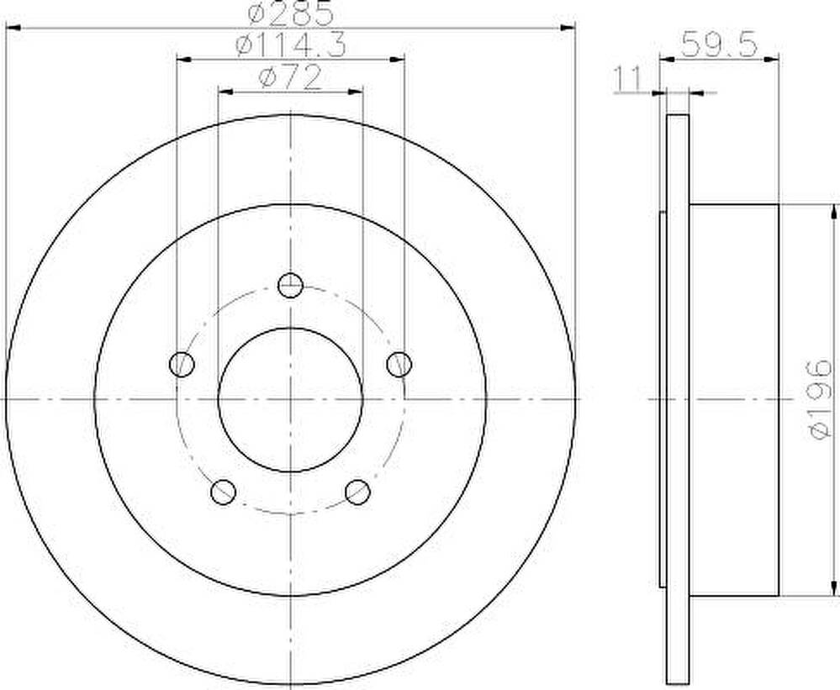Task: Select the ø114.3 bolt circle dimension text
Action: point(291,45)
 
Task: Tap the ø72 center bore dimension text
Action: point(290,78)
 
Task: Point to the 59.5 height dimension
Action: point(719,45)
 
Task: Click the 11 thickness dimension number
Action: point(626,79)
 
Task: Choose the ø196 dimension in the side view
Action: point(820,399)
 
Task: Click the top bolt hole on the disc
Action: point(290,285)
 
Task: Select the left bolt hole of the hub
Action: point(182,365)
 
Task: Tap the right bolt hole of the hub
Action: point(399,364)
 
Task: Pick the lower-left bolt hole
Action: point(224,492)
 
